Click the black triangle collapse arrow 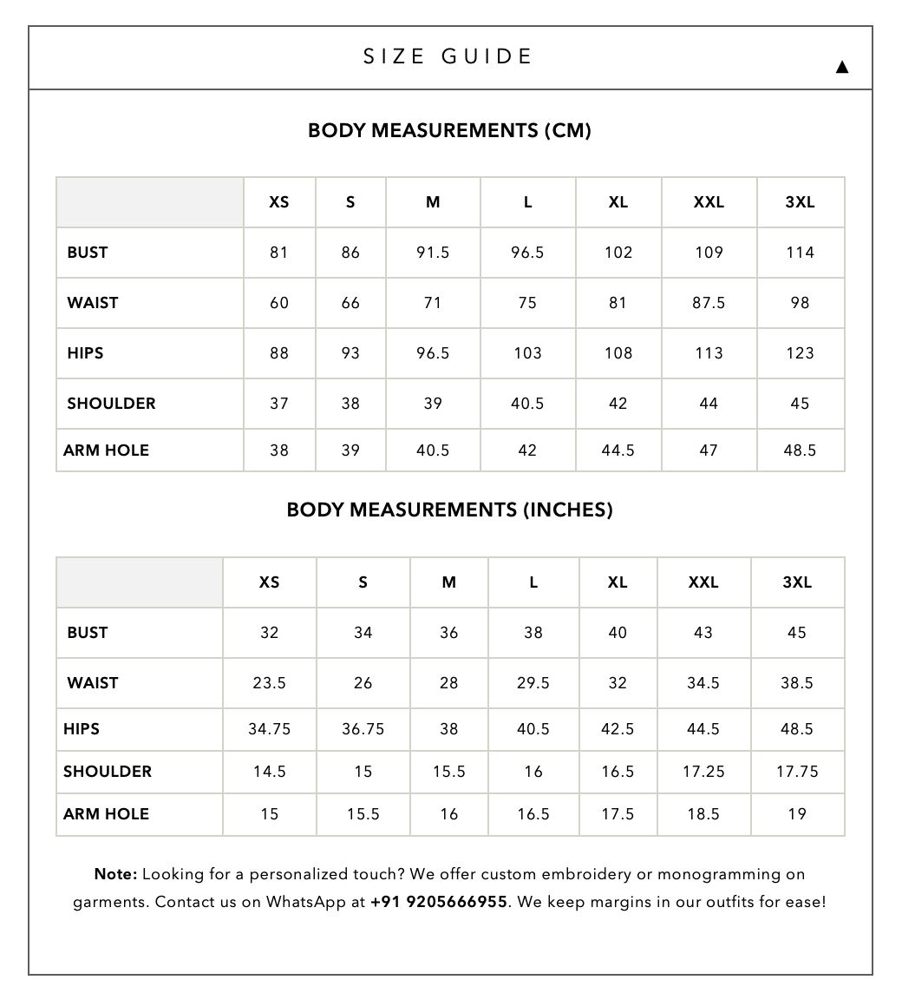(x=841, y=67)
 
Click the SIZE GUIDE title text (x=448, y=57)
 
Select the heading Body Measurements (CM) (x=449, y=131)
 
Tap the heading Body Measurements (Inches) (x=449, y=510)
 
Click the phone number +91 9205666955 (x=439, y=902)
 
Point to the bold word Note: (x=115, y=874)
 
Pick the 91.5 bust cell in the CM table (x=433, y=253)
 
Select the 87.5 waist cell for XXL (x=709, y=303)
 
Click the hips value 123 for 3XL (x=800, y=353)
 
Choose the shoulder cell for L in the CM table (x=527, y=404)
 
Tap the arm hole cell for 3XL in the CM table (x=800, y=450)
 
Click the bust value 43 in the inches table (x=703, y=633)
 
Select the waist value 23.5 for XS (x=270, y=683)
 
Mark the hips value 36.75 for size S (x=363, y=729)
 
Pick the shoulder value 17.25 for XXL (x=703, y=772)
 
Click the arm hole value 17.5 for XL (x=618, y=814)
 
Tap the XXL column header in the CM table (x=709, y=202)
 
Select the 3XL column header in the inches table (x=797, y=582)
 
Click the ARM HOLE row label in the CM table (x=106, y=450)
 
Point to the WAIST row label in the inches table (x=93, y=683)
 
